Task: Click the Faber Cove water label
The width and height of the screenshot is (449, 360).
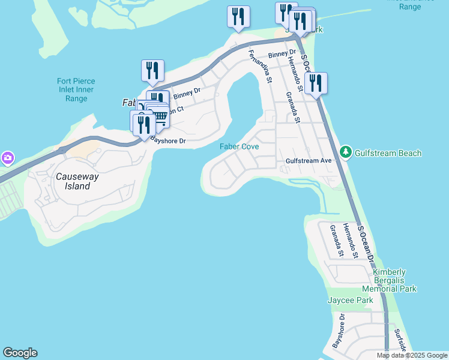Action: pyautogui.click(x=239, y=146)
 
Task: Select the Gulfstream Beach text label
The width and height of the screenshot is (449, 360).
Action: pyautogui.click(x=388, y=153)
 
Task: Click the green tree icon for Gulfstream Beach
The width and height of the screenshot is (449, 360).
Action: pyautogui.click(x=346, y=152)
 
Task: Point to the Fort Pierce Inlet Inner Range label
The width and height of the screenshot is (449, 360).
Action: pyautogui.click(x=76, y=89)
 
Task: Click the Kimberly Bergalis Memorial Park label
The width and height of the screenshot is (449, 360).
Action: pyautogui.click(x=390, y=280)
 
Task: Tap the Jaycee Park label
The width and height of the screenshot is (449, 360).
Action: pyautogui.click(x=350, y=300)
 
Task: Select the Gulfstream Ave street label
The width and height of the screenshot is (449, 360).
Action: pyautogui.click(x=309, y=161)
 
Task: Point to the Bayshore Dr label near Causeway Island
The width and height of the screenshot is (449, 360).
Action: pyautogui.click(x=167, y=141)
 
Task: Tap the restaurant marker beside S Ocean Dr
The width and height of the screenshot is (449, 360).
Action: pyautogui.click(x=316, y=83)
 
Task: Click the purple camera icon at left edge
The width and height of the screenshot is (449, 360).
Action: pyautogui.click(x=7, y=158)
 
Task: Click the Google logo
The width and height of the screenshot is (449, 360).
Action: pyautogui.click(x=20, y=353)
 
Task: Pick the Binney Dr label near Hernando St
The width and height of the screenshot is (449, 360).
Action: pyautogui.click(x=278, y=55)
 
